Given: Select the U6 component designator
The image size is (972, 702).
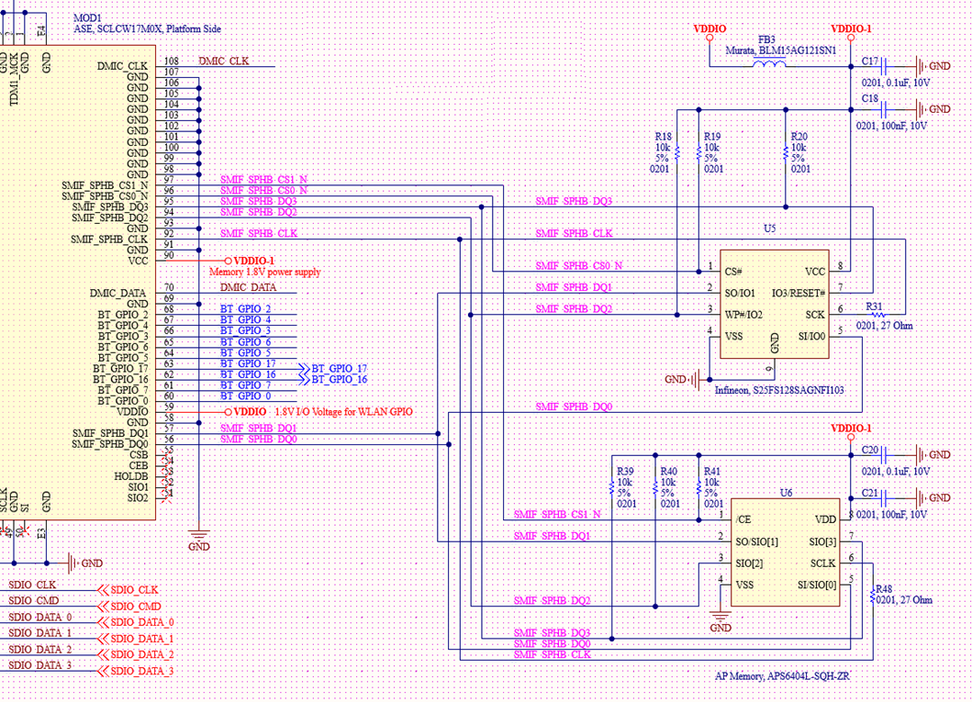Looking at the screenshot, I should click(x=786, y=494).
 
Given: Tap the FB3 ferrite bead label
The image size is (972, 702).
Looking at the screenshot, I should click(x=765, y=40).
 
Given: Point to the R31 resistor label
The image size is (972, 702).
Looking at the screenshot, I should click(x=874, y=306).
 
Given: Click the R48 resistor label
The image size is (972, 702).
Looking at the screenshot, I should click(x=884, y=589).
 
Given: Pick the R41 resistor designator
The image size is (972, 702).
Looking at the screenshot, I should click(x=711, y=471).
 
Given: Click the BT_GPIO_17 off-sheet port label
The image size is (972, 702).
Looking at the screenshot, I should click(x=338, y=367).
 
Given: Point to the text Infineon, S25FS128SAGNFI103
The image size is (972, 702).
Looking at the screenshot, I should click(x=778, y=390).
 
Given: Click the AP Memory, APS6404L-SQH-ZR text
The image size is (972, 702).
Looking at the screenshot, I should click(x=780, y=676).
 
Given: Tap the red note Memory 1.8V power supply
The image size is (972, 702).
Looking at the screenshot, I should click(x=264, y=273).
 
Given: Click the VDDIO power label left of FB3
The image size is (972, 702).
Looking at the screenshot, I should click(x=709, y=29).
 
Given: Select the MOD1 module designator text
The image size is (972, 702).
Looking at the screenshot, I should click(x=88, y=17).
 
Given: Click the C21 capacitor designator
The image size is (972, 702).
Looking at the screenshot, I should click(x=871, y=493).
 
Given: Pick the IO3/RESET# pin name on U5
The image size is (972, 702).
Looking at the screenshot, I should click(x=799, y=293).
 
